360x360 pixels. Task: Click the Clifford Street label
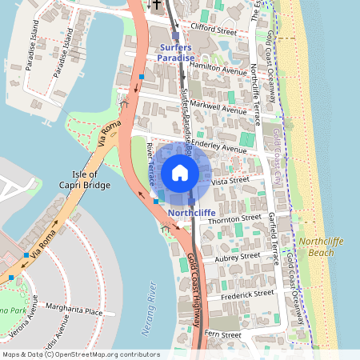pos(214,31)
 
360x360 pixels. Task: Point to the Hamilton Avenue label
pos(221,70)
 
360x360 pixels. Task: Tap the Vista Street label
pos(232,182)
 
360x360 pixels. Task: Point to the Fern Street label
pos(222,334)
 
